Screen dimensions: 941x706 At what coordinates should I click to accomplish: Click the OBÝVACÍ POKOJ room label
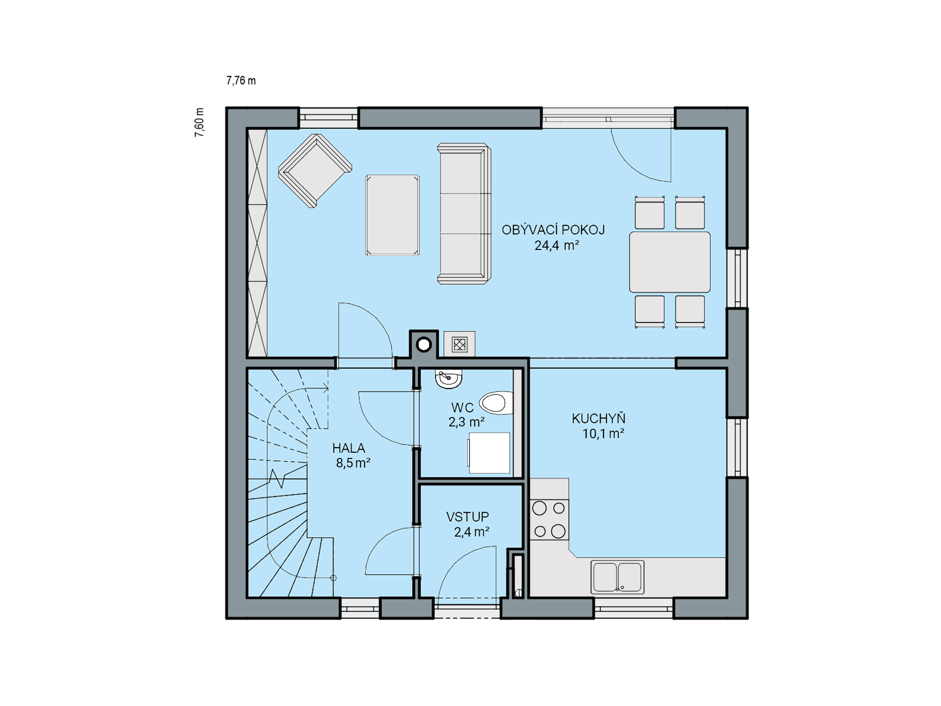(553, 230)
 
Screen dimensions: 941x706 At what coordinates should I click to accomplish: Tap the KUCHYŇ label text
(598, 418)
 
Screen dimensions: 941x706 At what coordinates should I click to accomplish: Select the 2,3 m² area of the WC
(466, 422)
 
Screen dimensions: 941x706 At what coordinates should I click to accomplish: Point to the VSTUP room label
(468, 517)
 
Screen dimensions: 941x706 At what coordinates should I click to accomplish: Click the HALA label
(349, 448)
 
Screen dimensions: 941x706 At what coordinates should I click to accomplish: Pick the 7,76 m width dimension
(241, 80)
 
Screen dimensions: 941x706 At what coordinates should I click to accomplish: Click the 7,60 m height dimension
(199, 122)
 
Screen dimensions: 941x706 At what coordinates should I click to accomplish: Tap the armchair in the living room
(315, 170)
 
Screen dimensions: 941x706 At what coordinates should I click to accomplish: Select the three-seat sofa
(464, 214)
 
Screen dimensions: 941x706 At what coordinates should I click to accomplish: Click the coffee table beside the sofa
(392, 215)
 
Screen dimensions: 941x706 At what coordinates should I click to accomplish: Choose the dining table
(670, 262)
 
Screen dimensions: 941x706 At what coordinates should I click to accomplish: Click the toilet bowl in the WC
(496, 403)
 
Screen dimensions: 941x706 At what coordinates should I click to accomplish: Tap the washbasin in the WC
(448, 379)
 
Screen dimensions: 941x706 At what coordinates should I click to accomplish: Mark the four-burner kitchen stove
(550, 520)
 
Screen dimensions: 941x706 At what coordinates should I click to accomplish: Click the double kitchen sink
(617, 577)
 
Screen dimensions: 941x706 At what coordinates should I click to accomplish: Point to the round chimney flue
(424, 345)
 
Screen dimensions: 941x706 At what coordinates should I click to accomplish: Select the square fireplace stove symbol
(459, 345)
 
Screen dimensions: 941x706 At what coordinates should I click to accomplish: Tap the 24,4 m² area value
(557, 245)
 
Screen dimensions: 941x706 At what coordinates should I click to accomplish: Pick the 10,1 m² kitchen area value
(603, 433)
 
